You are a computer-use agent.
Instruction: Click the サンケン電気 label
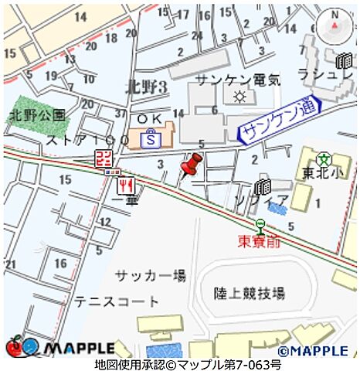[237, 80]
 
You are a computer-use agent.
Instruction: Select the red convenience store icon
[103, 159]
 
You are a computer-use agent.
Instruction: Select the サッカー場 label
[151, 275]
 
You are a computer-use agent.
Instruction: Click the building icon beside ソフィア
[263, 187]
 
